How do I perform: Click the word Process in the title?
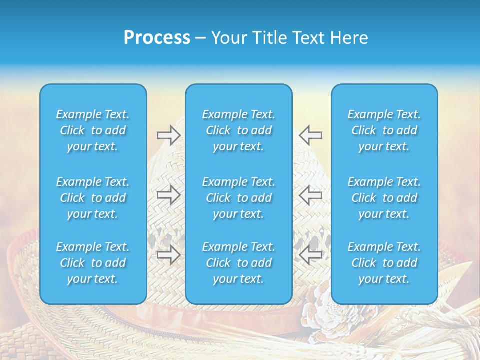(157, 38)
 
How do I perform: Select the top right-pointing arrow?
(168, 134)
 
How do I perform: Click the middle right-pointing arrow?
(168, 195)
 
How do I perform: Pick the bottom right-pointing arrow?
(168, 254)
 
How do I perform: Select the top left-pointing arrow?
(311, 134)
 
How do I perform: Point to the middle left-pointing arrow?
(311, 195)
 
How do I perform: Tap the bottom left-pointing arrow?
(311, 254)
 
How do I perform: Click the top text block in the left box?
(93, 130)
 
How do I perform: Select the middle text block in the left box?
(93, 198)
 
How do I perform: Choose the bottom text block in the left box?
(93, 263)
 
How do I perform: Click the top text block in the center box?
(239, 130)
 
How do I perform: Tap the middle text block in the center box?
(239, 198)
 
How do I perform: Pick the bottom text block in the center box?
(239, 263)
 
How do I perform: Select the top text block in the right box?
(384, 130)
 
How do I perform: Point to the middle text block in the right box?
(384, 198)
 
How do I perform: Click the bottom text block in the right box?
(384, 263)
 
